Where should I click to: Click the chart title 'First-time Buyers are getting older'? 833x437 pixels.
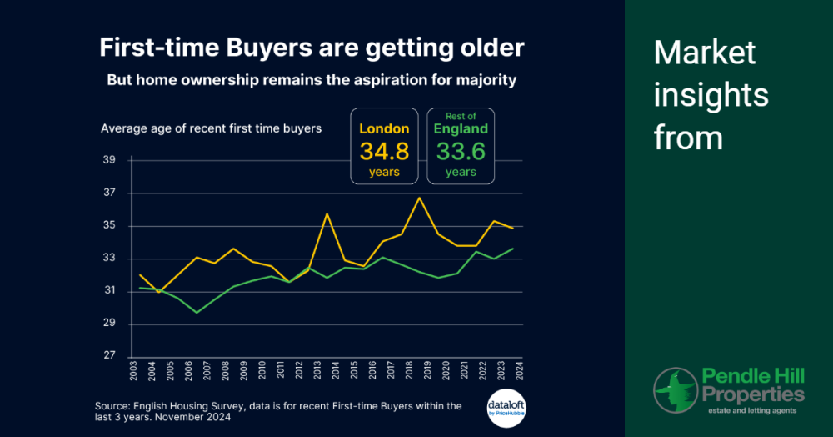312,47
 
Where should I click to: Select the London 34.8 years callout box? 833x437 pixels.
384,146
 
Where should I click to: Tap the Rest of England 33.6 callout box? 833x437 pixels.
461,146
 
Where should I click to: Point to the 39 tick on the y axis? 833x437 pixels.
109,160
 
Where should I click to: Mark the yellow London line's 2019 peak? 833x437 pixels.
420,198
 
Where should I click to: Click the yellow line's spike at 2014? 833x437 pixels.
327,214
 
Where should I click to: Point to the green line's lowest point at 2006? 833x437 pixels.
197,313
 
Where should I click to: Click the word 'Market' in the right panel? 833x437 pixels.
705,53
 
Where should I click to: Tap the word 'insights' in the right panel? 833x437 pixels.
711,95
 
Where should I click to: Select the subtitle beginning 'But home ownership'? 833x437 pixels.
312,80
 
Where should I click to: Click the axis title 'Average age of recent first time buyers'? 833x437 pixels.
211,128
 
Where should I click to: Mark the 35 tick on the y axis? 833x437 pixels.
109,226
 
